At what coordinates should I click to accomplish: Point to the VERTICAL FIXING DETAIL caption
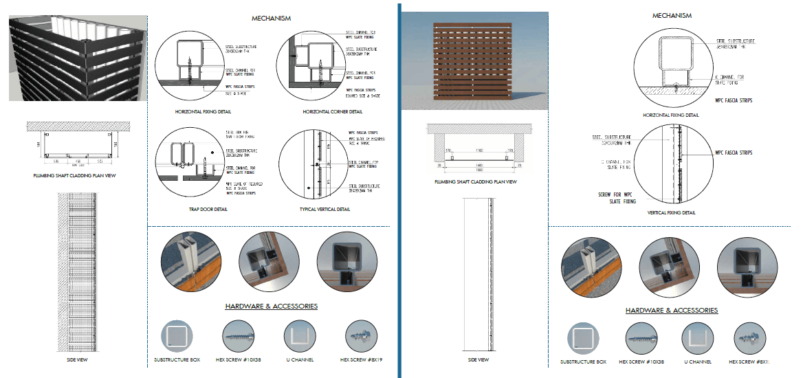tap(671, 213)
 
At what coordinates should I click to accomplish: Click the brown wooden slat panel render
tap(473, 63)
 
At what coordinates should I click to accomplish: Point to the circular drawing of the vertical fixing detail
tap(671, 166)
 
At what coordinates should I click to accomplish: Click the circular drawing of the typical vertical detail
tap(315, 162)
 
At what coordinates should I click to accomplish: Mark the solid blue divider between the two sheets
tap(399, 189)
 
